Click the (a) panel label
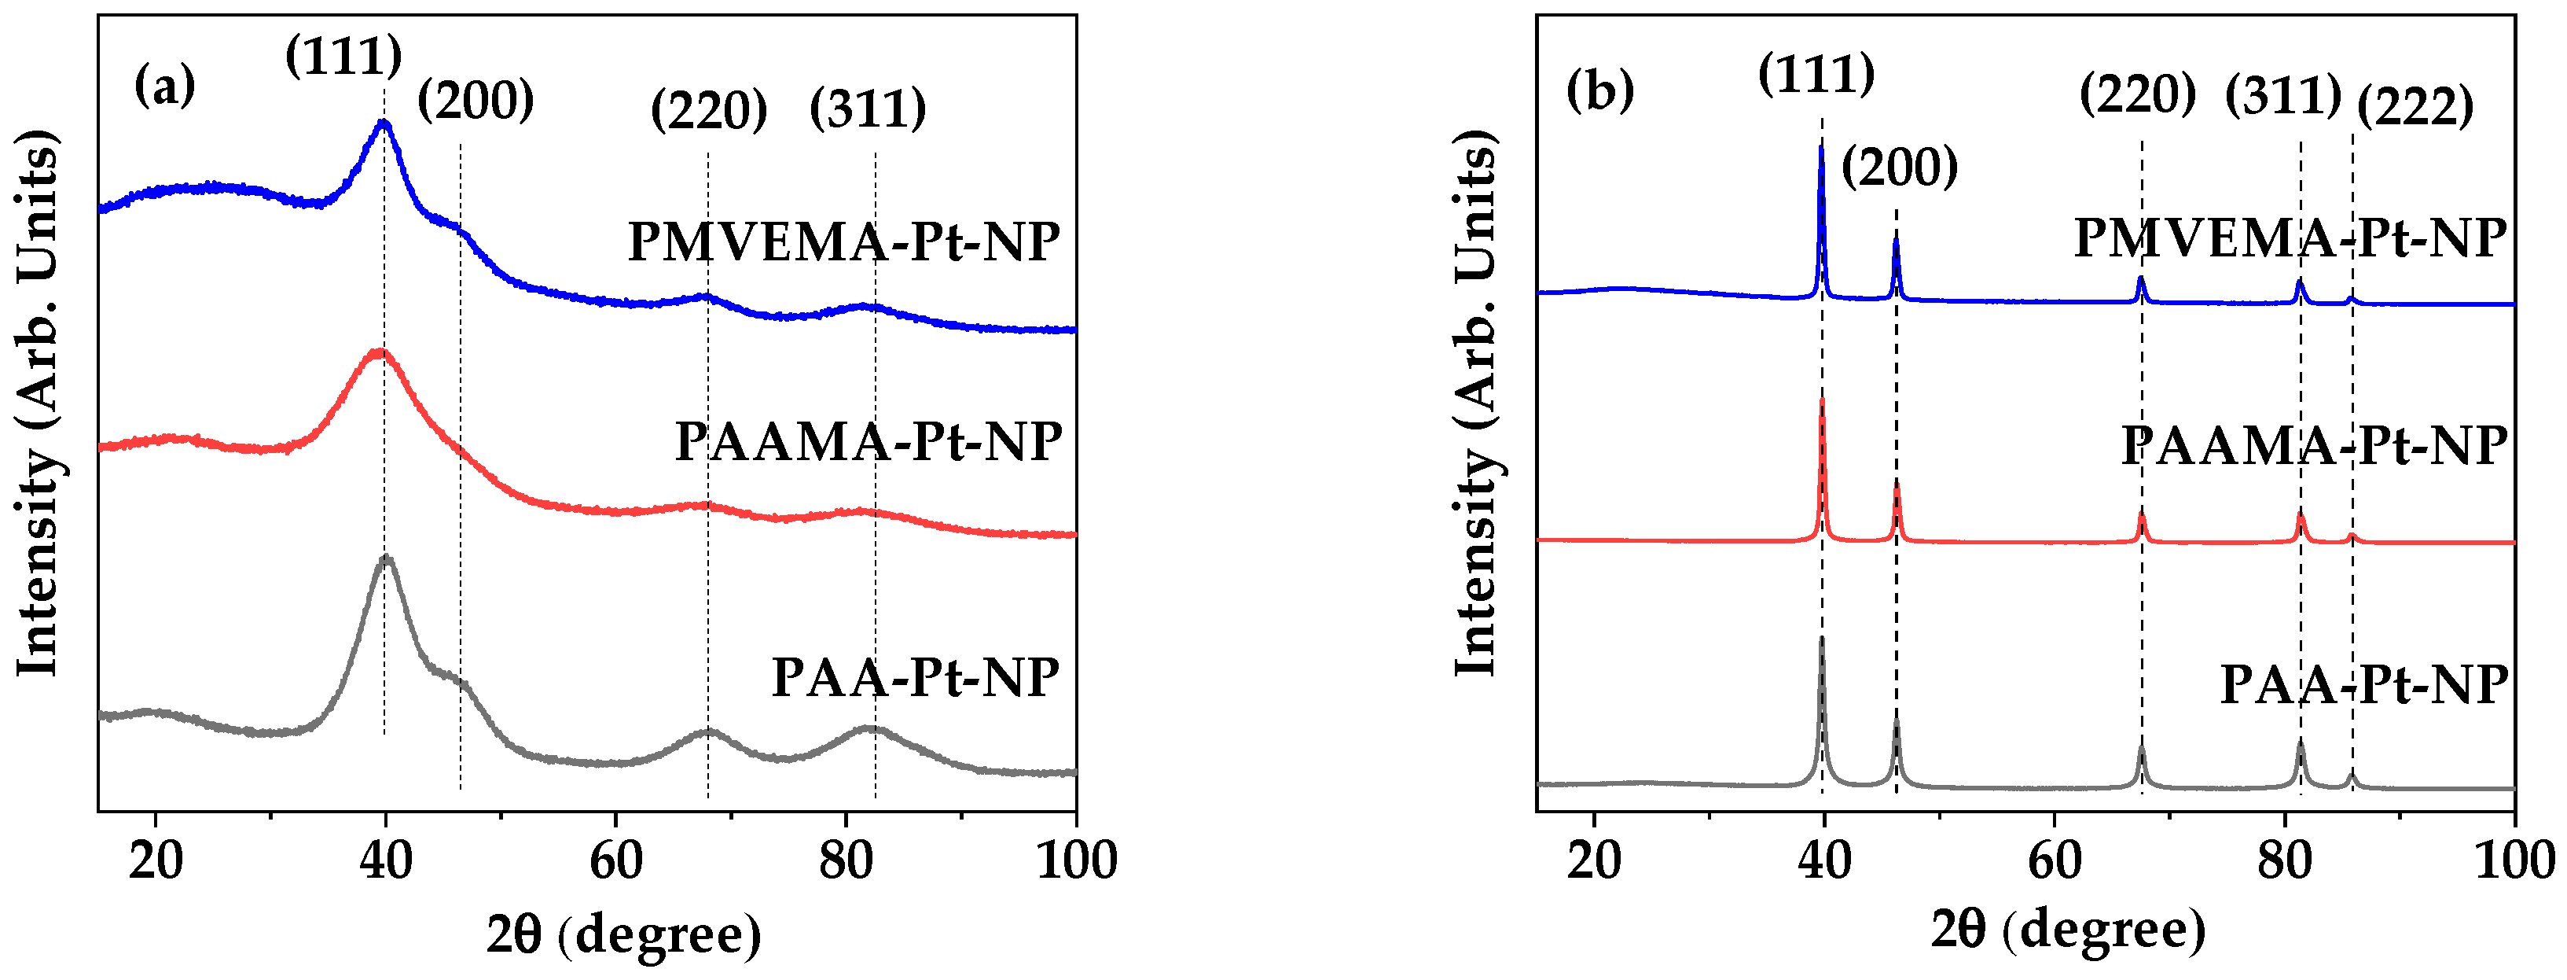pos(164,87)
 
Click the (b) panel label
pos(1599,90)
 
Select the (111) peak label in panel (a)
pos(343,56)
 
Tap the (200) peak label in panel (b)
pos(1898,167)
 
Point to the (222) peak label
pos(2415,107)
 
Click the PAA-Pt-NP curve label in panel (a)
pos(915,678)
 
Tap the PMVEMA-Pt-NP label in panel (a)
pos(843,241)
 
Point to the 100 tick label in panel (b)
pos(2514,860)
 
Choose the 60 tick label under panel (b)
pos(2054,860)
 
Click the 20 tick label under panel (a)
pos(156,860)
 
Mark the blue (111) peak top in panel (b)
pos(1822,148)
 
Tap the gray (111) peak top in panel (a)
pos(387,558)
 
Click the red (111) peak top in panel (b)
pos(1822,400)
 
